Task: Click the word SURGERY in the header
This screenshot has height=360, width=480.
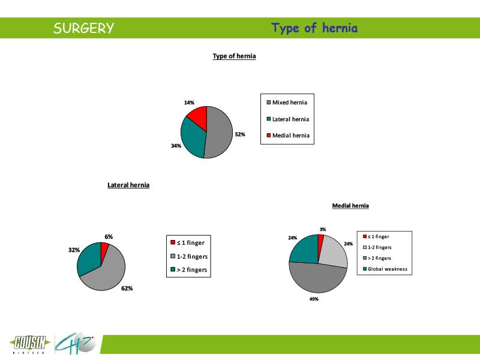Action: click(83, 28)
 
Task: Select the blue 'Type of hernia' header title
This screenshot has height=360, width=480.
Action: click(314, 28)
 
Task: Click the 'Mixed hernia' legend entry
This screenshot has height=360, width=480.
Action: click(287, 103)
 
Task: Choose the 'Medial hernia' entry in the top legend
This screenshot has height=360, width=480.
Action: click(288, 136)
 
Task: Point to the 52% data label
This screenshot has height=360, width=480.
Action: click(240, 134)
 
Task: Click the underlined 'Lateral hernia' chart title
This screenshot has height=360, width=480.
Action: click(128, 185)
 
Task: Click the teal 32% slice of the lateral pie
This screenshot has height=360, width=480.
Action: click(89, 258)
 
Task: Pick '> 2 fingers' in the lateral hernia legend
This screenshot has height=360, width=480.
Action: click(189, 269)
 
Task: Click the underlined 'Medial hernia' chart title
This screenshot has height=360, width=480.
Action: click(350, 206)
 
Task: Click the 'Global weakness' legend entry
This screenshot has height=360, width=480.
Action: click(385, 269)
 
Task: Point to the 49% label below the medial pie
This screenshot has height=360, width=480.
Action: click(314, 299)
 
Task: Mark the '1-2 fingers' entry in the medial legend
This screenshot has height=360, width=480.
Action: click(377, 247)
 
